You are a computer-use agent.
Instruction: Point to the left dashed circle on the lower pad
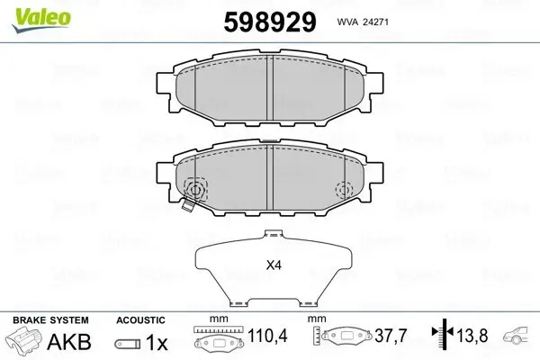(194, 189)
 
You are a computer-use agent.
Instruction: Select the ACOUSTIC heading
(141, 319)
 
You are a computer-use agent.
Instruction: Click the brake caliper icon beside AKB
(23, 342)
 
